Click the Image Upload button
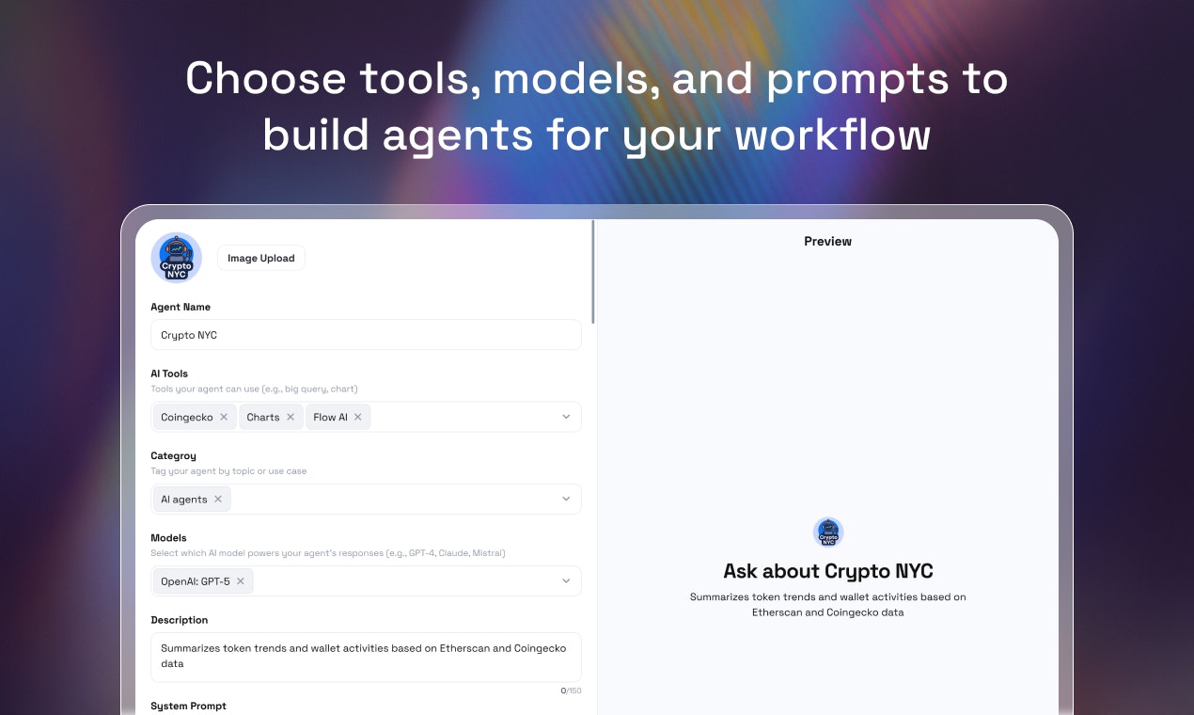coord(260,259)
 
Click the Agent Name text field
coord(366,335)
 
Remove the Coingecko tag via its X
coord(224,417)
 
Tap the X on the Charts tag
coord(291,417)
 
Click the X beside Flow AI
coord(358,417)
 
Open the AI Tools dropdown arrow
coord(566,417)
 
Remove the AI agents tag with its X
coord(218,499)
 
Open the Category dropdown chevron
coord(566,499)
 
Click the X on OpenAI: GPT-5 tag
coord(241,581)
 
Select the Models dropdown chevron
coord(566,581)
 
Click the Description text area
coord(366,657)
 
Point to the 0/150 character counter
coord(571,691)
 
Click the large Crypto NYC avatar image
coord(177,258)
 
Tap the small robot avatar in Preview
coord(828,532)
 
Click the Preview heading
coord(827,241)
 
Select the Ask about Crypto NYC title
coord(827,571)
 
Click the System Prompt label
coord(188,706)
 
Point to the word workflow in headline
coord(833,135)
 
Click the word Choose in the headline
coord(266,78)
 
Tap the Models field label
coord(168,538)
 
